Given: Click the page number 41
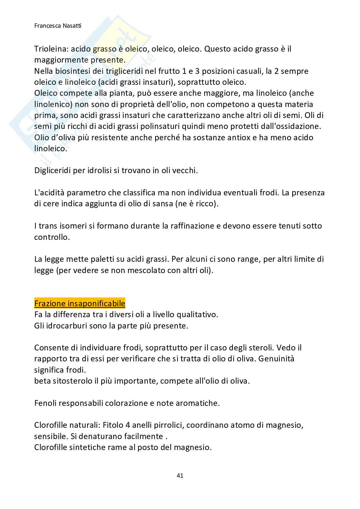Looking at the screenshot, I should tap(180, 475).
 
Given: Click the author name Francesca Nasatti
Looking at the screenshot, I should tap(58, 25).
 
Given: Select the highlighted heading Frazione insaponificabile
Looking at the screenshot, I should tap(80, 303).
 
